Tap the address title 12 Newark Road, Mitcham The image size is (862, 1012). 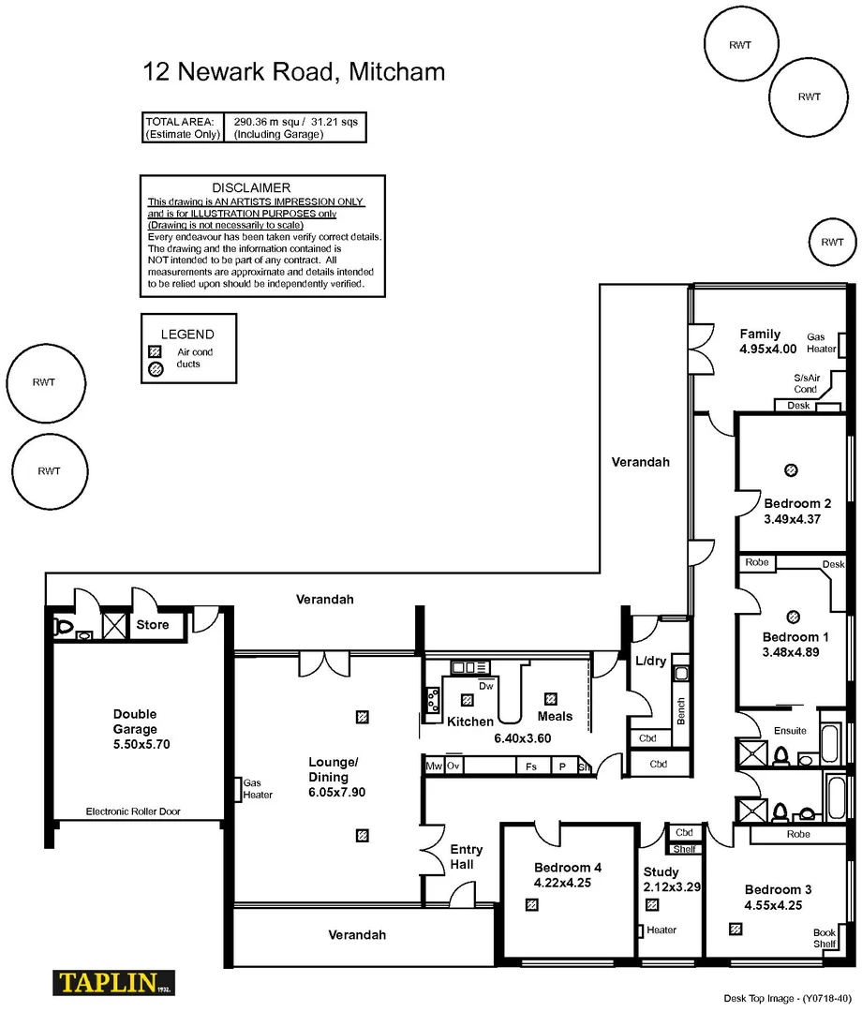pyautogui.click(x=293, y=71)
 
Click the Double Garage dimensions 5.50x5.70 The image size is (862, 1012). pyautogui.click(x=135, y=744)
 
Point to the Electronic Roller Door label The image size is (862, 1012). pyautogui.click(x=133, y=811)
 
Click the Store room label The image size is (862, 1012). pyautogui.click(x=153, y=625)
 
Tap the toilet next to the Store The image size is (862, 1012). pyautogui.click(x=64, y=626)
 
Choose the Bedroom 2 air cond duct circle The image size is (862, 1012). pyautogui.click(x=791, y=469)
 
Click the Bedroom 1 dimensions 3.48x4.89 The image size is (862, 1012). pyautogui.click(x=791, y=652)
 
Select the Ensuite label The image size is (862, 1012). pyautogui.click(x=790, y=731)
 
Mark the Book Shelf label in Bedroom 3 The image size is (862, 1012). pyautogui.click(x=825, y=938)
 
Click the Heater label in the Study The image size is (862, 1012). pyautogui.click(x=661, y=930)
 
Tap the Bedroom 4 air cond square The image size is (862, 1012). pyautogui.click(x=532, y=905)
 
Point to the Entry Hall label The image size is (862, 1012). pyautogui.click(x=467, y=856)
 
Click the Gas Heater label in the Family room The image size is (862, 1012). pyautogui.click(x=822, y=343)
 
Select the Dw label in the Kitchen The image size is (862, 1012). pyautogui.click(x=485, y=686)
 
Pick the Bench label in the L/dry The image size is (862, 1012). pyautogui.click(x=681, y=711)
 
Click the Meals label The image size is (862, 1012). pyautogui.click(x=556, y=717)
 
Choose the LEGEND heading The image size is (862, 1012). pyautogui.click(x=187, y=334)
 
